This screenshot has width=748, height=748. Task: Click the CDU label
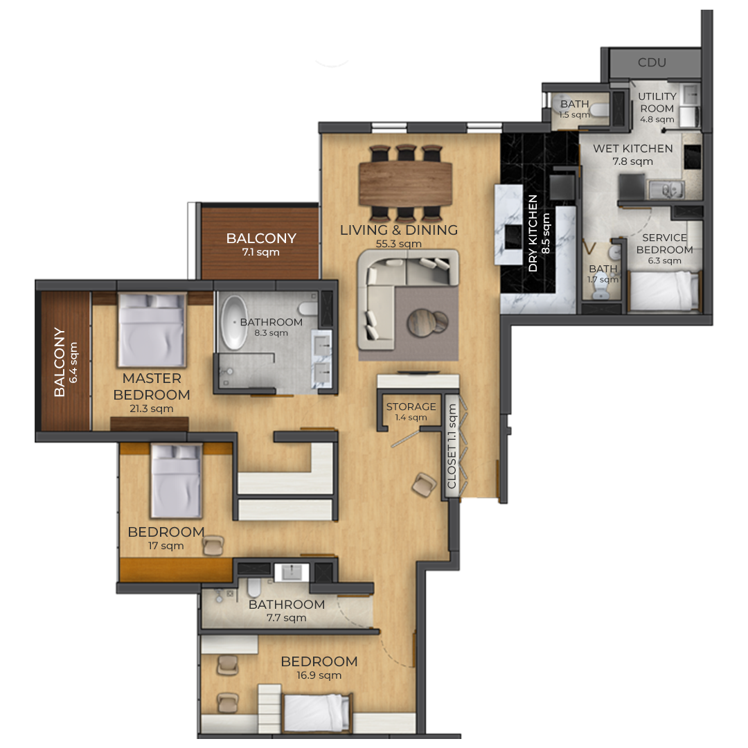(652, 62)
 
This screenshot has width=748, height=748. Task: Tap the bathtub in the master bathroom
(234, 323)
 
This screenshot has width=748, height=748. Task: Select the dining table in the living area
(405, 183)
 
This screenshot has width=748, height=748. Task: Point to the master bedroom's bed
(152, 329)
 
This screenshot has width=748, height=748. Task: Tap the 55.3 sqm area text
(399, 244)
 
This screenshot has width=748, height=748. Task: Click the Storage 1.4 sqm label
(411, 411)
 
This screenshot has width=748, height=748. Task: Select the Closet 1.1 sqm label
(452, 446)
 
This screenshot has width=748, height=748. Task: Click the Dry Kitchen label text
(533, 233)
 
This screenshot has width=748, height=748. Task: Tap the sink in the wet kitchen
(666, 190)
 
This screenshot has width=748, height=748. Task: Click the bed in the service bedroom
(665, 291)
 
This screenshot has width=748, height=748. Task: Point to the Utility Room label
(657, 102)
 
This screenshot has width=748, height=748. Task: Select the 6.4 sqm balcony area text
(73, 362)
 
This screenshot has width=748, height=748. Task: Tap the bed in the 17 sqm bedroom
(176, 481)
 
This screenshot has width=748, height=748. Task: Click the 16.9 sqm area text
(319, 675)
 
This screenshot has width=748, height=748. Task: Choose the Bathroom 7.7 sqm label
(287, 611)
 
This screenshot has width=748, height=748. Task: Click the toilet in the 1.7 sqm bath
(600, 292)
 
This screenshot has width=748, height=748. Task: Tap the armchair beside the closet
(424, 485)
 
